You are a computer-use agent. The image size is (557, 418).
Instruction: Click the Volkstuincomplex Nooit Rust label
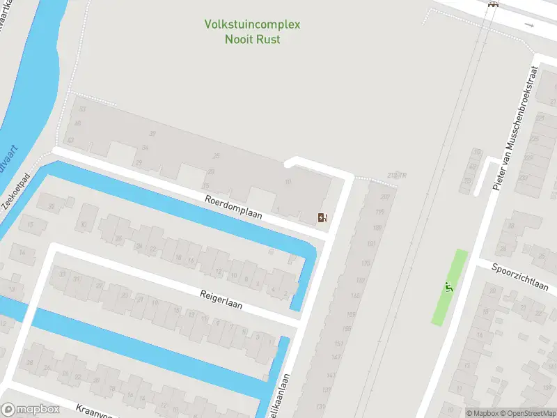pos(252,31)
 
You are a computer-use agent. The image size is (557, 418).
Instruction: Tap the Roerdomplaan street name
pos(233,207)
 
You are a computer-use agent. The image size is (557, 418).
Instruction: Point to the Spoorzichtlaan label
pos(519,277)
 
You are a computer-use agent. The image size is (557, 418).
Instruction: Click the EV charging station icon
pos(322,217)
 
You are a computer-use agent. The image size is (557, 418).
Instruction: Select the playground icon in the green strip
pos(449,287)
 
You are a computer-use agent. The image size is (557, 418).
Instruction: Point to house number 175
pos(366,263)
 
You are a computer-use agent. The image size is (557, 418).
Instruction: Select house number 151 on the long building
pos(339,343)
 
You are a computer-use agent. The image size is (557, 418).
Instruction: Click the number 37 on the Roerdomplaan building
pos(152,134)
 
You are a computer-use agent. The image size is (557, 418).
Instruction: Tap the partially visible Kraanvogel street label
pos(94,408)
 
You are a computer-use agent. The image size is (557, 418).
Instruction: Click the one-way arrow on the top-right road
pos(530,25)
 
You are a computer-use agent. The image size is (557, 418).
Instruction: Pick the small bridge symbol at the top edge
pos(494,4)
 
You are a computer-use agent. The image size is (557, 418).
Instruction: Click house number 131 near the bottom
pos(321,406)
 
